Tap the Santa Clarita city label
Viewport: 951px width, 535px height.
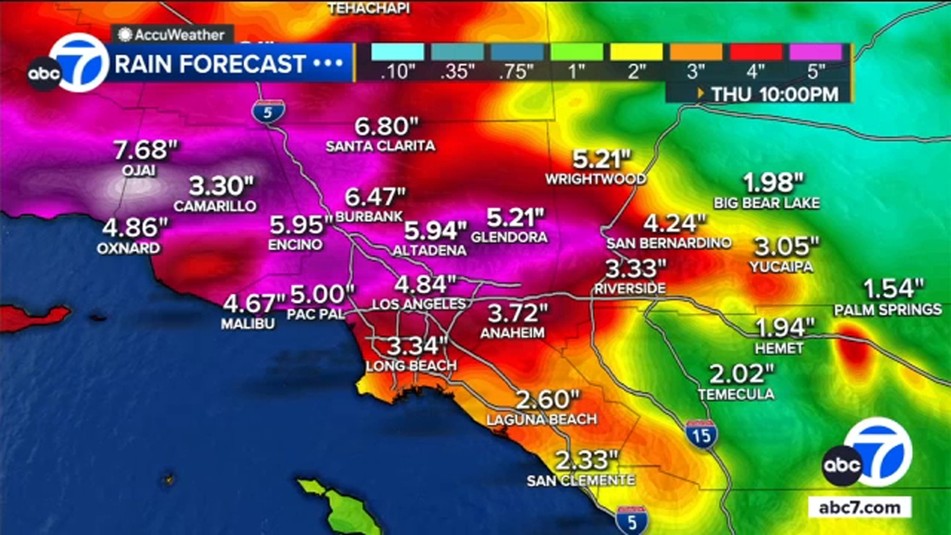(380, 146)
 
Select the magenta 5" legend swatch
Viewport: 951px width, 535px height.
(815, 52)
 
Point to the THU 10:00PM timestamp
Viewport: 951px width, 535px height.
(774, 94)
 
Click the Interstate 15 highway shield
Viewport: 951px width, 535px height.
(701, 435)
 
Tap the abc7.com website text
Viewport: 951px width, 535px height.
(859, 507)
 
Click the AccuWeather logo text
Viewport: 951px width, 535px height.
(179, 34)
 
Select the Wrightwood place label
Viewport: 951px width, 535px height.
(596, 179)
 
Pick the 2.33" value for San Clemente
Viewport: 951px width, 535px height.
(587, 460)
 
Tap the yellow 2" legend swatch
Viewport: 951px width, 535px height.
(637, 52)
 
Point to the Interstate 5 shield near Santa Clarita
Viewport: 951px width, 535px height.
(267, 112)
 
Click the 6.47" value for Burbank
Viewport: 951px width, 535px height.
(375, 197)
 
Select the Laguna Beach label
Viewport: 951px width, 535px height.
(541, 420)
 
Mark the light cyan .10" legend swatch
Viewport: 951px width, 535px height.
(398, 52)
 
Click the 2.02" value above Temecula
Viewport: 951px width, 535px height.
(741, 374)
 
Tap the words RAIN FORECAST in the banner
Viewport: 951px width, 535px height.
(210, 64)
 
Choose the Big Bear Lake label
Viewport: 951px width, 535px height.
(766, 203)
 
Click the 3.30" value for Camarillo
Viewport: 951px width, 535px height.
(221, 187)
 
